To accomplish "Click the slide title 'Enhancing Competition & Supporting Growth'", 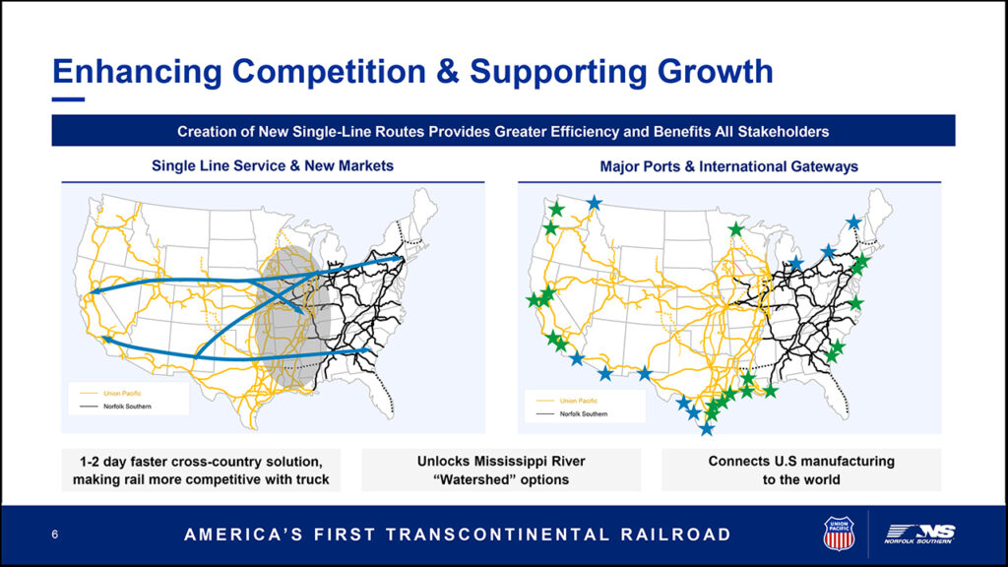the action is (412, 71).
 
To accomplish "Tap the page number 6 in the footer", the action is (55, 535).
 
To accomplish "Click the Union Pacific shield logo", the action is (839, 534).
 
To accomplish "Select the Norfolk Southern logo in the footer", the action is (919, 535).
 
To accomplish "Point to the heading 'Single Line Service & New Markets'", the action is (273, 165).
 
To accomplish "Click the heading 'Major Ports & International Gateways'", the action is (729, 167).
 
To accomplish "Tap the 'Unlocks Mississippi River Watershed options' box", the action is (501, 470).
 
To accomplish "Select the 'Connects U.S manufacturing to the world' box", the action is (801, 470).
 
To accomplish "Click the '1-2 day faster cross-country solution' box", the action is (201, 470).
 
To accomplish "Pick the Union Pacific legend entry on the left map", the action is (110, 393).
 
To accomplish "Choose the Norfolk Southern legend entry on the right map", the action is (572, 414).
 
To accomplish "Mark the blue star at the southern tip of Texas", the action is (707, 428).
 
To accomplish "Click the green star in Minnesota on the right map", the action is (736, 228).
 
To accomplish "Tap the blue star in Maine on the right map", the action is (853, 222).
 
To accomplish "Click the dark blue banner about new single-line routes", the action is (503, 131).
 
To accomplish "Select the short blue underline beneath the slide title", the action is (68, 99).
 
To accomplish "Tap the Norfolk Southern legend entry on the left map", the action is (116, 407).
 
